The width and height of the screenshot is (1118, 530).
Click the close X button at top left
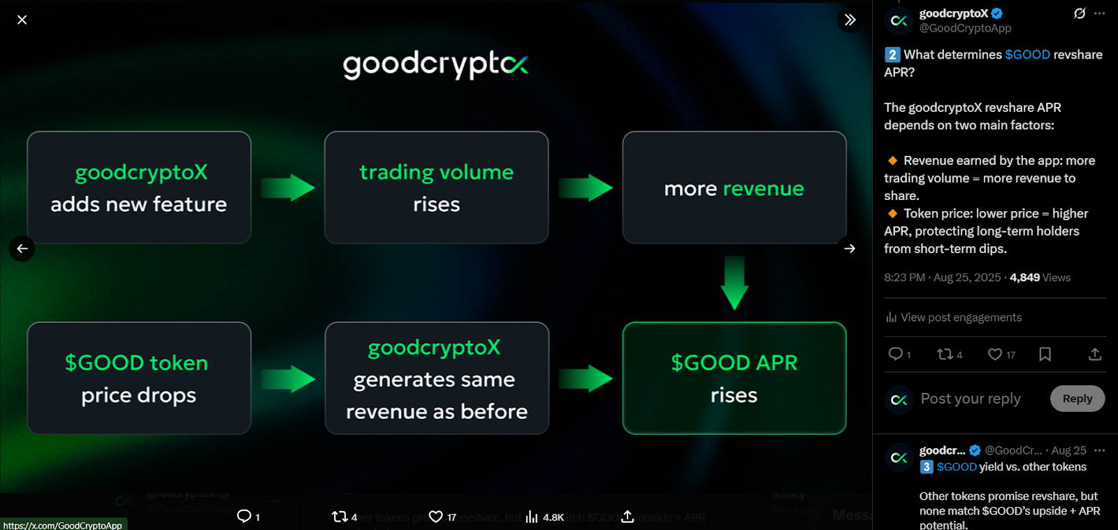pos(22,20)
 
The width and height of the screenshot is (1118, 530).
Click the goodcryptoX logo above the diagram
pos(435,64)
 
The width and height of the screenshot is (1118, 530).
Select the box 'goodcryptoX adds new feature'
pos(139,187)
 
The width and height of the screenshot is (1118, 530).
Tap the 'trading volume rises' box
pos(436,187)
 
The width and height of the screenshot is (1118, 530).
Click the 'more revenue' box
pos(734,187)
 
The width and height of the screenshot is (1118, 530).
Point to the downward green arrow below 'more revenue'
pos(734,282)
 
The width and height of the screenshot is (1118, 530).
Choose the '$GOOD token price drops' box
pos(139,378)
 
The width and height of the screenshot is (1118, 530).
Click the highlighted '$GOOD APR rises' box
pos(734,378)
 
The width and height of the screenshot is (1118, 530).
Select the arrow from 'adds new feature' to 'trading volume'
pos(288,187)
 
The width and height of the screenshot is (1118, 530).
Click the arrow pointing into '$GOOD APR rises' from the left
pos(586,378)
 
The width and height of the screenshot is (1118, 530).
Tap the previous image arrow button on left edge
pos(22,248)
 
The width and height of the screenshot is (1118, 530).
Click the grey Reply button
pos(1077,399)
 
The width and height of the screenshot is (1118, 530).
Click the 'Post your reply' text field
pos(971,399)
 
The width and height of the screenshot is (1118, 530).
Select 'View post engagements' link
pos(960,317)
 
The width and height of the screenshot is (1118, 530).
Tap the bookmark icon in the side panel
pos(1045,354)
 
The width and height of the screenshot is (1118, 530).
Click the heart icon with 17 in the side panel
pos(995,354)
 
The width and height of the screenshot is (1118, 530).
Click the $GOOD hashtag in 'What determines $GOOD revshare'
pos(1027,55)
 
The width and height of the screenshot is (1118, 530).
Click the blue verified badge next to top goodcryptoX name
pos(997,13)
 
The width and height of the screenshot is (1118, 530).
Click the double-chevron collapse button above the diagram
pos(850,20)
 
